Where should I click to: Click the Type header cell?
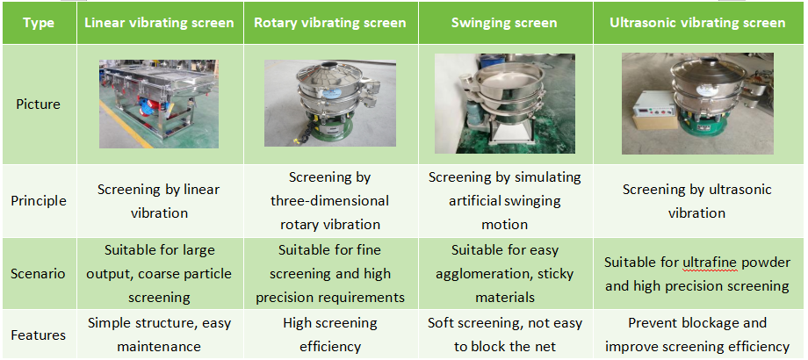[x=40, y=23]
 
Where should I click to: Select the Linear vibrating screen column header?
[x=160, y=23]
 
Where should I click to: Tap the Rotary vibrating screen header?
[x=330, y=23]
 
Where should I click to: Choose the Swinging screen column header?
[x=504, y=23]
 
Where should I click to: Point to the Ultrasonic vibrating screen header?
[x=697, y=23]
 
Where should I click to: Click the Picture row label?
[x=38, y=104]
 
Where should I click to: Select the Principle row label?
[x=39, y=201]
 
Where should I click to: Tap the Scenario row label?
[x=38, y=273]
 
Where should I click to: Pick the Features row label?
[x=38, y=335]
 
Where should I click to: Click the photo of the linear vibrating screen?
[x=159, y=104]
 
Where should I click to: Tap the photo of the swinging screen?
[x=504, y=104]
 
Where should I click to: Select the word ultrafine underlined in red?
[x=711, y=263]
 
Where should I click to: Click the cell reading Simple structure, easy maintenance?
[x=160, y=335]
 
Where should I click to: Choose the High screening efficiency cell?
[x=330, y=335]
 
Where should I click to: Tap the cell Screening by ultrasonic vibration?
[x=697, y=201]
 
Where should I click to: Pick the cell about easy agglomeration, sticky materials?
[x=504, y=273]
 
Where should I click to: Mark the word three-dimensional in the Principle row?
[x=330, y=201]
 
